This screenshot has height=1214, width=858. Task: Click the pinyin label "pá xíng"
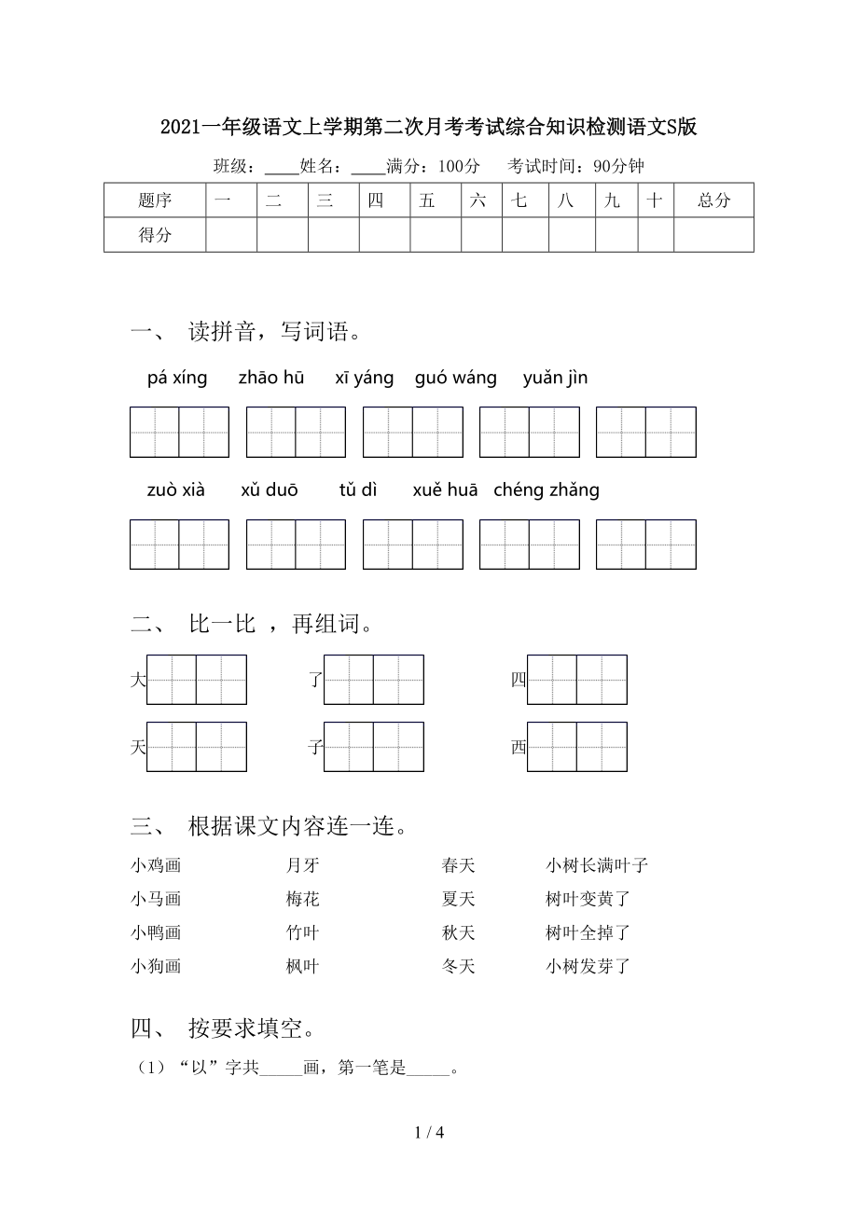pyautogui.click(x=177, y=378)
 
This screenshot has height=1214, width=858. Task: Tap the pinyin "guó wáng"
pyautogui.click(x=456, y=378)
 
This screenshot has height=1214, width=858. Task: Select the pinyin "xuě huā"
pyautogui.click(x=445, y=490)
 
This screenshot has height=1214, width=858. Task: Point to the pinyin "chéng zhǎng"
pyautogui.click(x=547, y=490)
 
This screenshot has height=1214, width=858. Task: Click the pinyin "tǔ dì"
pyautogui.click(x=358, y=490)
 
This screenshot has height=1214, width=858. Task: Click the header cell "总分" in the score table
pyautogui.click(x=713, y=200)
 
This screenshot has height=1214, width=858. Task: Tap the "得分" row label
pyautogui.click(x=155, y=235)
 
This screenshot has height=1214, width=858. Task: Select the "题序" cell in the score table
pyautogui.click(x=155, y=200)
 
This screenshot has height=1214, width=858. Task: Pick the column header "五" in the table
pyautogui.click(x=427, y=200)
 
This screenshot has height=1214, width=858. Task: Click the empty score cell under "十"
pyautogui.click(x=656, y=235)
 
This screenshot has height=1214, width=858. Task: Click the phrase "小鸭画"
pyautogui.click(x=156, y=932)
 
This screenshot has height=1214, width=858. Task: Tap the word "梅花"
pyautogui.click(x=303, y=899)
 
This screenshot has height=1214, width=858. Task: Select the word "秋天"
pyautogui.click(x=459, y=932)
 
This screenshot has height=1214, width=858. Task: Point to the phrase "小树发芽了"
pyautogui.click(x=588, y=966)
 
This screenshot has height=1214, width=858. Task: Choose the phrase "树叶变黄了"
pyautogui.click(x=588, y=899)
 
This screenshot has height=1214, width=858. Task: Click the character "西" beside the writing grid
pyautogui.click(x=519, y=747)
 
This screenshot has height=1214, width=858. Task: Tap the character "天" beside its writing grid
pyautogui.click(x=138, y=747)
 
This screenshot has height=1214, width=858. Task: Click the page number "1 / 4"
pyautogui.click(x=429, y=1133)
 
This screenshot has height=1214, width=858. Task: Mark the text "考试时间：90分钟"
pyautogui.click(x=575, y=166)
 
